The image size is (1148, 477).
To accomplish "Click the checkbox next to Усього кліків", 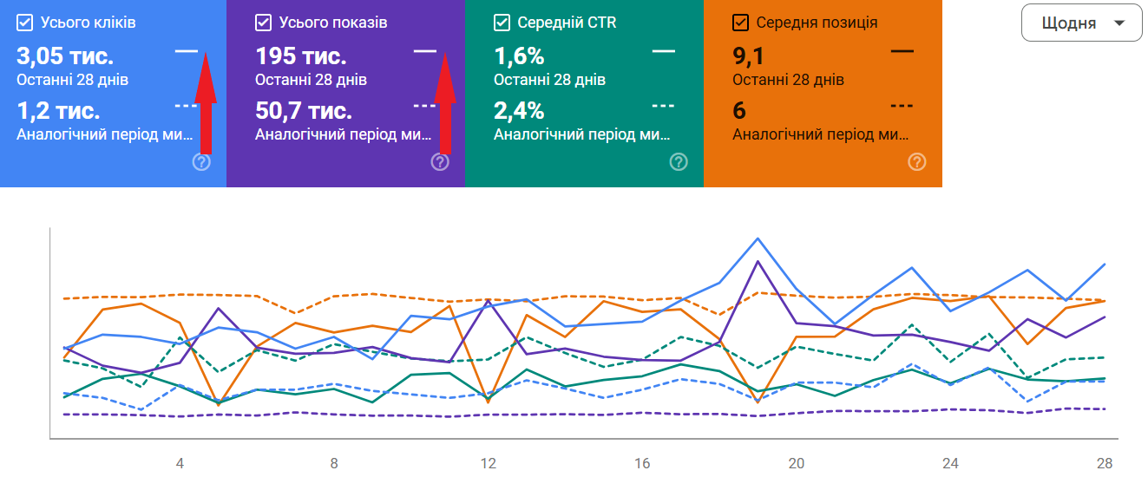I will pyautogui.click(x=24, y=23).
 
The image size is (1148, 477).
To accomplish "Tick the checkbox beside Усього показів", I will pyautogui.click(x=264, y=23).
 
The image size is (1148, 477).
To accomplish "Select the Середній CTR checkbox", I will pyautogui.click(x=502, y=23).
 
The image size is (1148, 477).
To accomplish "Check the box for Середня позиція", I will pyautogui.click(x=741, y=23).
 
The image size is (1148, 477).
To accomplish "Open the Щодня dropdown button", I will pyautogui.click(x=1080, y=23).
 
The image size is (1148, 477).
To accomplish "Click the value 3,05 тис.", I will pyautogui.click(x=65, y=57).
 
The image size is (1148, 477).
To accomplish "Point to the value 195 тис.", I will pyautogui.click(x=300, y=57).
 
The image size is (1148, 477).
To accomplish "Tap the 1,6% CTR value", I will pyautogui.click(x=519, y=57).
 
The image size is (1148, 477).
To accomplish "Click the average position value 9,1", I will pyautogui.click(x=748, y=57).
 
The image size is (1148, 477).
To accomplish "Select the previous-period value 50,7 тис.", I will pyautogui.click(x=304, y=111).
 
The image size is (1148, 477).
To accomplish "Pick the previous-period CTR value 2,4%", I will pyautogui.click(x=519, y=111).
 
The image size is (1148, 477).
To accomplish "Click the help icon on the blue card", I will pyautogui.click(x=201, y=162).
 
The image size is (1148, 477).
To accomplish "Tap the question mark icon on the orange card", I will pyautogui.click(x=917, y=162).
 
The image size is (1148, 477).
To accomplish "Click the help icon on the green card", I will pyautogui.click(x=679, y=162).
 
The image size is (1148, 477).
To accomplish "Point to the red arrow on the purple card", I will pyautogui.click(x=444, y=102).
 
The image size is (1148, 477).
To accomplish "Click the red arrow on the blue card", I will pyautogui.click(x=205, y=102).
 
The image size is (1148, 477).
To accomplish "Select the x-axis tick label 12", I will pyautogui.click(x=489, y=463).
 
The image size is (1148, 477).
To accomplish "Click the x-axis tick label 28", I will pyautogui.click(x=1105, y=463).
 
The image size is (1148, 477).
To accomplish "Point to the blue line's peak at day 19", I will pyautogui.click(x=758, y=238).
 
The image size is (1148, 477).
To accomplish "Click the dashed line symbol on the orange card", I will pyautogui.click(x=902, y=106).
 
